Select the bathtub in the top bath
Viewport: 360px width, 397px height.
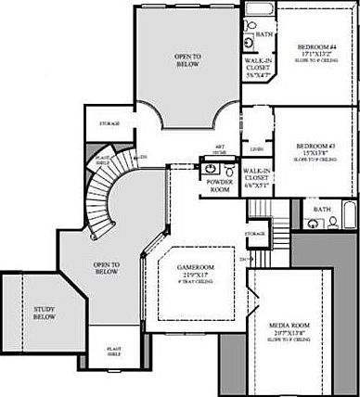tap(259, 12)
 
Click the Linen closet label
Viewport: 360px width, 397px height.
tap(255, 150)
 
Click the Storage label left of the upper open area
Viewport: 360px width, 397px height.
tap(109, 124)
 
